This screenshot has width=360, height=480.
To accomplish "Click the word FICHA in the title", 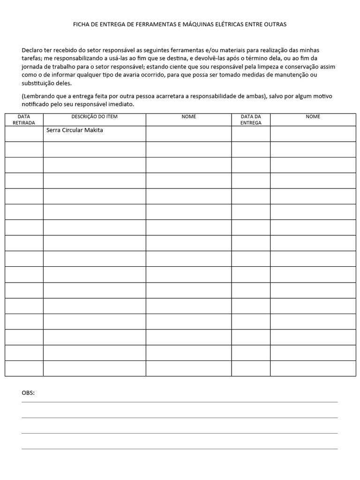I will pos(82,24).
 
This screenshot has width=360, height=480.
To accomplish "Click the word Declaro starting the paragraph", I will pos(32,50).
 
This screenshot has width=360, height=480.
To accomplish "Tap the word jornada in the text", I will pos(32,67).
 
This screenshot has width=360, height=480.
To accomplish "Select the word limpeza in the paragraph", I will pos(270,67).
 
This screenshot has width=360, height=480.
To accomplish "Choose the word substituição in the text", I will pos(40,83).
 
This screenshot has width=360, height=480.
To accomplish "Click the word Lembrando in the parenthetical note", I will pos(38,96).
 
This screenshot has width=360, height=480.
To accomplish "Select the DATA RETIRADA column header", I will pos(24,120).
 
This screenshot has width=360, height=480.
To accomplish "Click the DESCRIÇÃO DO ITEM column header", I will pos(94,117).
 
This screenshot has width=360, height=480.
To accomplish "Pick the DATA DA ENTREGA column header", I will pos(251,120).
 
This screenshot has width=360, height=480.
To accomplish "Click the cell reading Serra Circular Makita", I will pos(75,130).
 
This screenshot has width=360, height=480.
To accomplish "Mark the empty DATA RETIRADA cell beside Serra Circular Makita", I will pos(24,134).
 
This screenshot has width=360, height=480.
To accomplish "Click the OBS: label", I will pos(28,393).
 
